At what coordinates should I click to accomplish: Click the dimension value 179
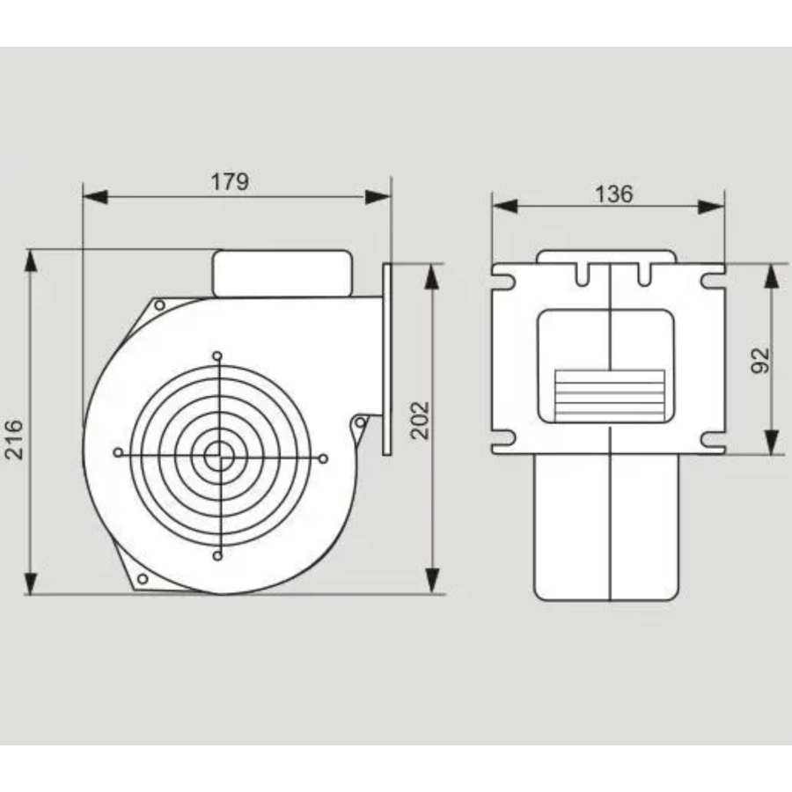230,182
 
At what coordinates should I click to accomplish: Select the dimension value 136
613,194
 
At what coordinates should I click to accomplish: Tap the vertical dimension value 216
14,439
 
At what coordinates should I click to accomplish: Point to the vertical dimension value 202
420,421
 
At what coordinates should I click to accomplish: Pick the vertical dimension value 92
760,360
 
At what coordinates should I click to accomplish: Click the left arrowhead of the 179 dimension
95,197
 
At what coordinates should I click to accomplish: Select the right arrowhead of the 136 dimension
711,207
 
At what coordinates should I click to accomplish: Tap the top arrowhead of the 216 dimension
31,261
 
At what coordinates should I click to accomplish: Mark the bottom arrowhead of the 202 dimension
432,581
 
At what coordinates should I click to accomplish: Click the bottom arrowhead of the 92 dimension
771,443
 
